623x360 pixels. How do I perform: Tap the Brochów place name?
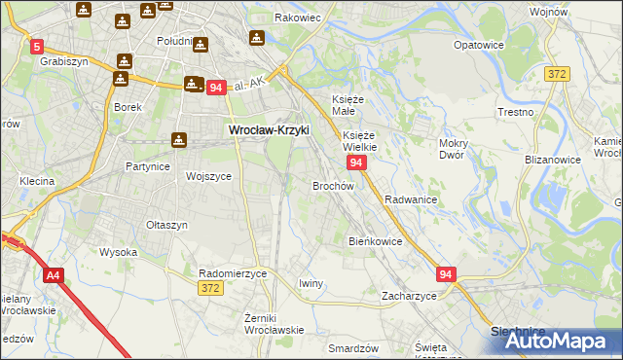[332, 185]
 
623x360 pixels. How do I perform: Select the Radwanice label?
[410, 198]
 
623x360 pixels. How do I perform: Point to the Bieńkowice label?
[375, 240]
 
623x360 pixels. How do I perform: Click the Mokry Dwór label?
[454, 149]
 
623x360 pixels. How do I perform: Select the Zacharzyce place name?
[408, 295]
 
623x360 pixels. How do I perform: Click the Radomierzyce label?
[232, 273]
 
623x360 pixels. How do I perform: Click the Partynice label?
[148, 166]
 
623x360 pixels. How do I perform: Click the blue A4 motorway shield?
[53, 277]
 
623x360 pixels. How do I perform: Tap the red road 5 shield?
[37, 46]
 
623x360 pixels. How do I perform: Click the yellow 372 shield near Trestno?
[557, 74]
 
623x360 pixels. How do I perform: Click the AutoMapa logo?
[557, 341]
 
